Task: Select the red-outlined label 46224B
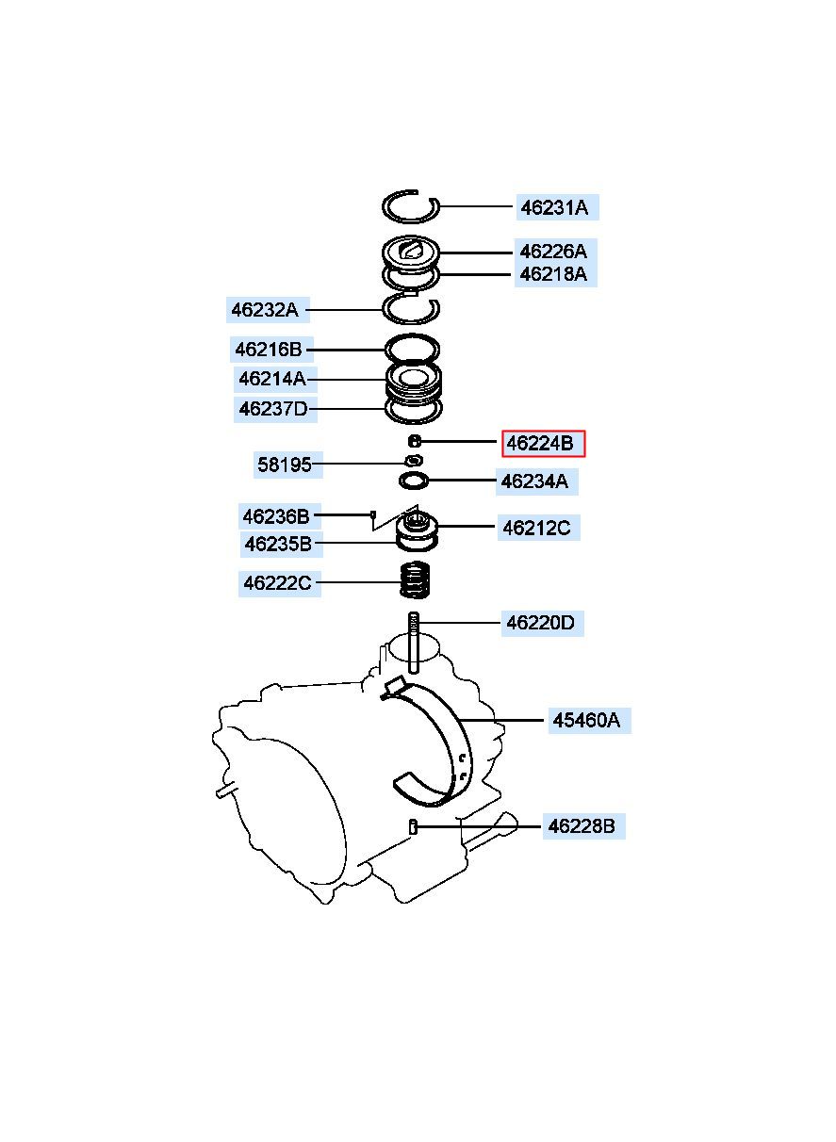(543, 444)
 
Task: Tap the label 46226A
(555, 252)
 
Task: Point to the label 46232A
(268, 309)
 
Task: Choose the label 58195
(288, 465)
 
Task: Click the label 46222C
(280, 582)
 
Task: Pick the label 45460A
(590, 721)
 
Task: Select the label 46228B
(583, 826)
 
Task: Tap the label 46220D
(542, 623)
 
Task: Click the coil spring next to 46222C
(414, 579)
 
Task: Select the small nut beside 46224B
(416, 441)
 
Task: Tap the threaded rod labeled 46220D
(414, 644)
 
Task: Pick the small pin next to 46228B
(414, 826)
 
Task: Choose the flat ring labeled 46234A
(414, 481)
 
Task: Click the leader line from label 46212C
(467, 526)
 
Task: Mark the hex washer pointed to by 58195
(414, 461)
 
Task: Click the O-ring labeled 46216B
(412, 349)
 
